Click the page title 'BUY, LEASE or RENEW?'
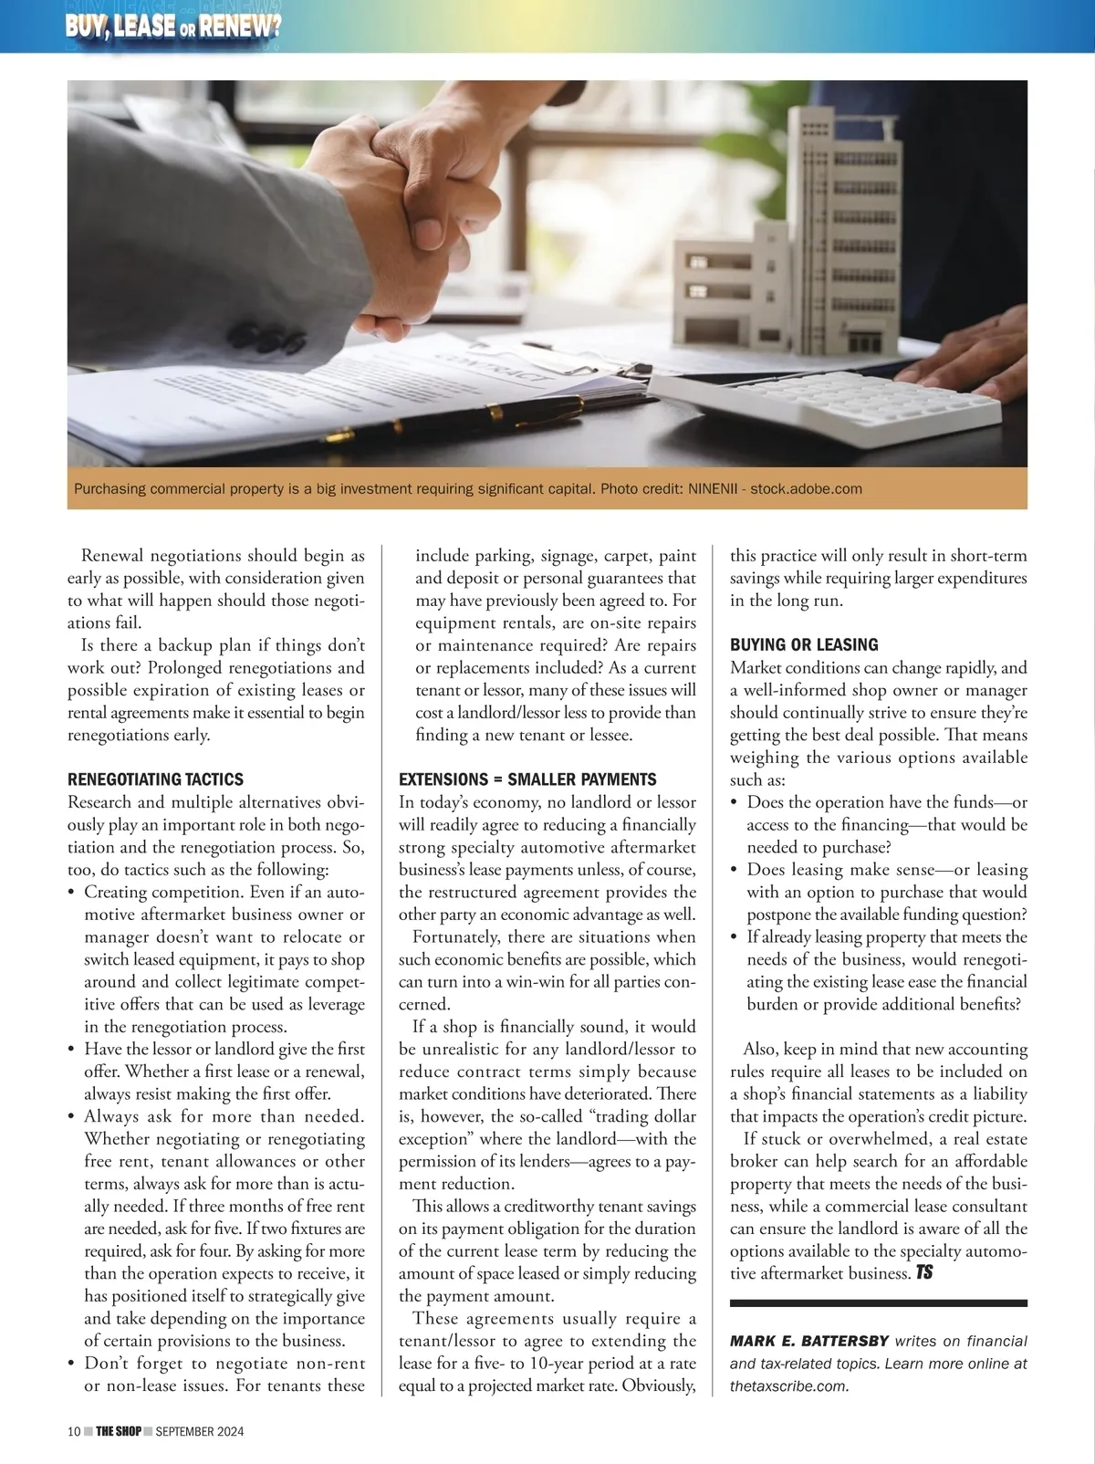[172, 26]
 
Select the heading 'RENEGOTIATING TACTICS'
[155, 779]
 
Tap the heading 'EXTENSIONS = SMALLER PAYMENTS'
[527, 779]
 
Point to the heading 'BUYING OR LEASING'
[804, 644]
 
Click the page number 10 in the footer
[74, 1431]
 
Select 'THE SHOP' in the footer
[119, 1431]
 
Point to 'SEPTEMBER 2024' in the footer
[199, 1431]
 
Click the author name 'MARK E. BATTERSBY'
[808, 1342]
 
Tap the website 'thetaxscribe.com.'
[789, 1386]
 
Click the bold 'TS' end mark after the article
[924, 1272]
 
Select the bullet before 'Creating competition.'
[72, 893]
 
